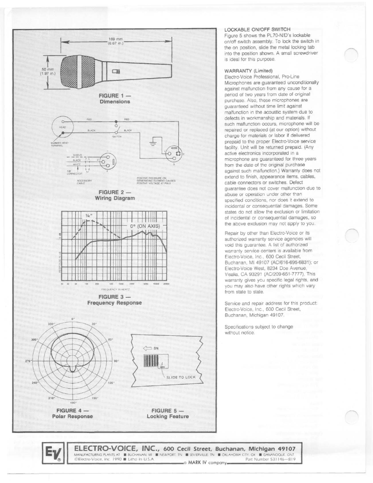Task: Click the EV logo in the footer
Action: (x=55, y=454)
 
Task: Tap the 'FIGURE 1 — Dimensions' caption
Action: (x=115, y=99)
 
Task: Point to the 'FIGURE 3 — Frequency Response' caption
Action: (x=115, y=300)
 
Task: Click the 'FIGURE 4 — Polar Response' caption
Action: (x=73, y=414)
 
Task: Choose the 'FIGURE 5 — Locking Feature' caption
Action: (x=168, y=414)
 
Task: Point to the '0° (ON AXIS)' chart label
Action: (x=145, y=226)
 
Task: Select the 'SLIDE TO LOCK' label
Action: (x=181, y=377)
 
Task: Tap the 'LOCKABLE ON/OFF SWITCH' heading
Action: (x=257, y=29)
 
